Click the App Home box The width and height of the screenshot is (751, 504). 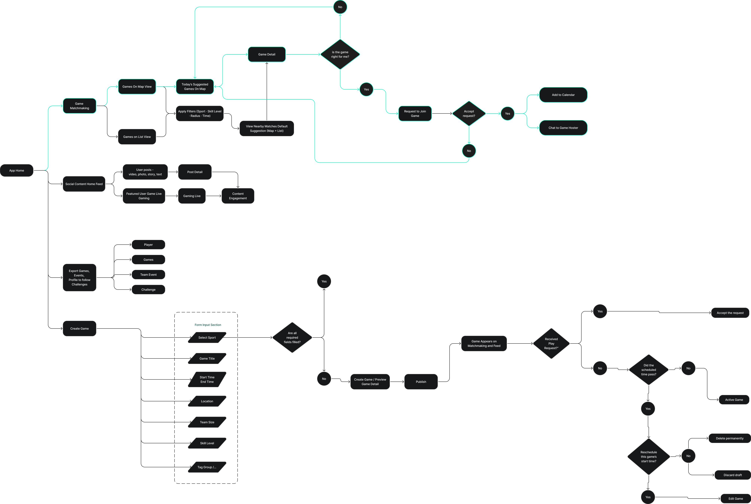click(x=17, y=170)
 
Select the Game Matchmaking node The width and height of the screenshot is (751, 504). click(x=79, y=106)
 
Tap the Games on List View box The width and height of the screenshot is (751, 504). click(x=137, y=137)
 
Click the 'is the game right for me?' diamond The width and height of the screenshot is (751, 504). click(x=340, y=54)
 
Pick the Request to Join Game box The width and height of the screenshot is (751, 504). click(x=415, y=113)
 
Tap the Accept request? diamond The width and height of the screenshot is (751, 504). click(x=469, y=113)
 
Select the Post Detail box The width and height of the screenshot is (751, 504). click(x=195, y=172)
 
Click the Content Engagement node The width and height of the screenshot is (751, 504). click(x=238, y=196)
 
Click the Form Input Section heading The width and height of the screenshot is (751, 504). click(x=208, y=325)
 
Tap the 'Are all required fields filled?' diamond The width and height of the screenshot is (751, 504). click(x=292, y=337)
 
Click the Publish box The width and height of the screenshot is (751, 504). click(x=421, y=382)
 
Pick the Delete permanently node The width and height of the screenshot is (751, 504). click(x=729, y=438)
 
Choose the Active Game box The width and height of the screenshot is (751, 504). click(x=734, y=399)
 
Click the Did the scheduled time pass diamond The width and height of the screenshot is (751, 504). click(x=648, y=370)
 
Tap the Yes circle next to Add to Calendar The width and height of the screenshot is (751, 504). click(x=507, y=113)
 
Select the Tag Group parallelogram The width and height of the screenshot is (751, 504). click(x=207, y=467)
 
